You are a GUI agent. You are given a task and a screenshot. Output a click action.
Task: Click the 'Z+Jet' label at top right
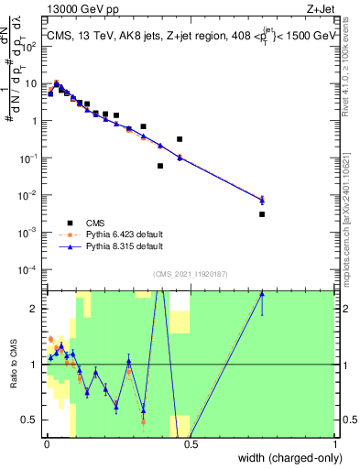pyautogui.click(x=322, y=10)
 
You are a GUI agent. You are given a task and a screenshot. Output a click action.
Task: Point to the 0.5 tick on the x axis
pyautogui.click(x=191, y=442)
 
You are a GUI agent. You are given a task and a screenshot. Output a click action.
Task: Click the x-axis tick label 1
pyautogui.click(x=334, y=442)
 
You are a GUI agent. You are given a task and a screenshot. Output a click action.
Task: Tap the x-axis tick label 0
pyautogui.click(x=47, y=442)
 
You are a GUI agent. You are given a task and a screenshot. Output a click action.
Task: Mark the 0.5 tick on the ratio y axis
pyautogui.click(x=34, y=420)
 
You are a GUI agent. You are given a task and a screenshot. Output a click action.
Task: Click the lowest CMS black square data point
pyautogui.click(x=262, y=214)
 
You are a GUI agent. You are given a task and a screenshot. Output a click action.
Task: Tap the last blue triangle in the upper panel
pyautogui.click(x=262, y=199)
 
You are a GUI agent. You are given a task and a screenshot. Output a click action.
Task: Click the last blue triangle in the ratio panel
pyautogui.click(x=262, y=294)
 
